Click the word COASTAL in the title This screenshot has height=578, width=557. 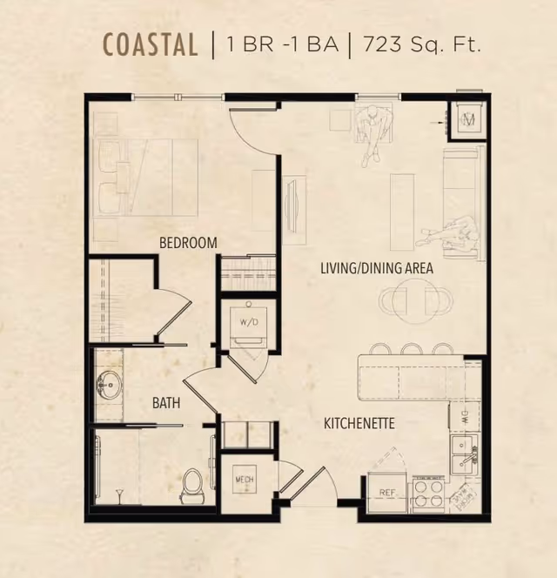[150, 44]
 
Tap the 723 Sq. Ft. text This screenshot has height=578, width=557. [422, 44]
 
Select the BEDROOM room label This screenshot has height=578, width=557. [188, 243]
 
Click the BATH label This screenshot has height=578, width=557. [166, 403]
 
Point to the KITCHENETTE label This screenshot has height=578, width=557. [359, 423]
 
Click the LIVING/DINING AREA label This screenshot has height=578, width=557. [377, 268]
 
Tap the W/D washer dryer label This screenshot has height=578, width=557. [249, 322]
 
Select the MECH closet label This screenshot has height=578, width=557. [245, 480]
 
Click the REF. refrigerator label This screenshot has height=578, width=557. [387, 493]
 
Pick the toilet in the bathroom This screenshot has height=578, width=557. [191, 486]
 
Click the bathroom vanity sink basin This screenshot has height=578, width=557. [109, 386]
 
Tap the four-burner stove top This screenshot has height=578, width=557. [428, 494]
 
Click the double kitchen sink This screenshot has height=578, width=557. [464, 455]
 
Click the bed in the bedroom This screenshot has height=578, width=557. [146, 178]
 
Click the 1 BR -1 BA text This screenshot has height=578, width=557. [282, 44]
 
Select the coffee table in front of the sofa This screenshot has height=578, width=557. [402, 212]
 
